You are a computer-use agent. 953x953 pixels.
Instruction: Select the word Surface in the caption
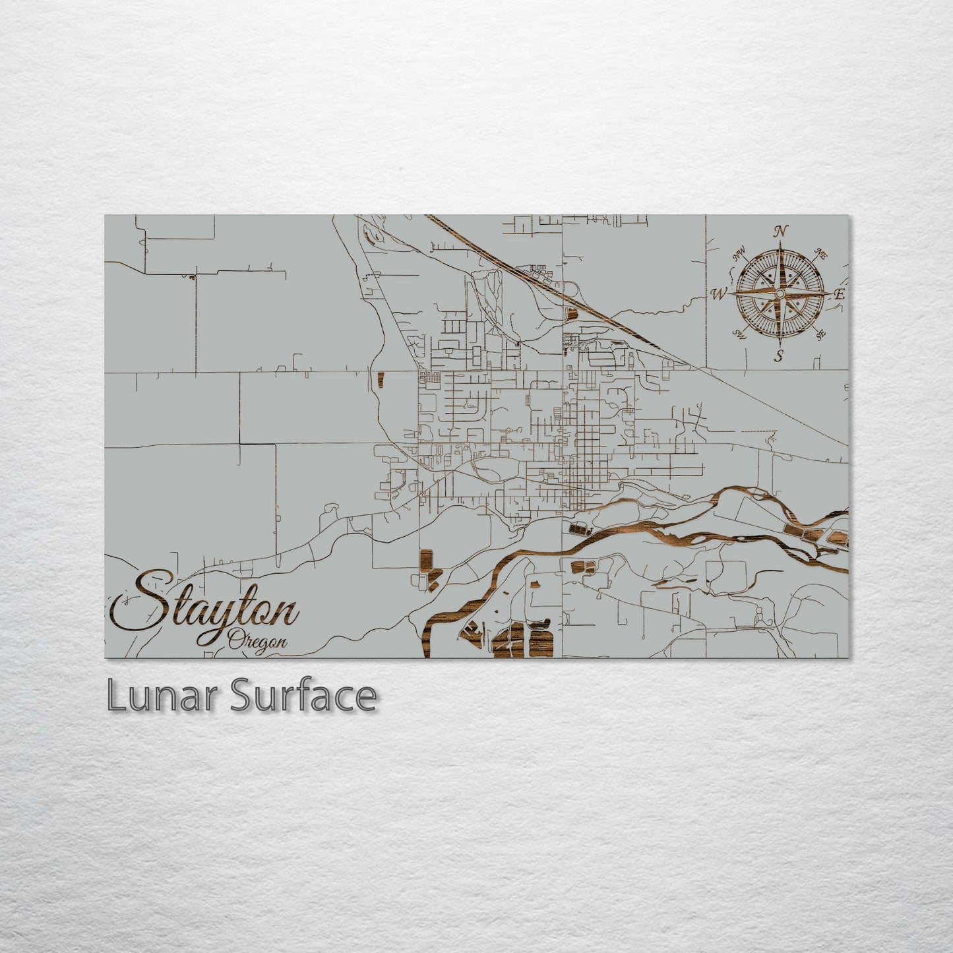[303, 696]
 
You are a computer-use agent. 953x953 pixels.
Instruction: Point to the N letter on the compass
[781, 231]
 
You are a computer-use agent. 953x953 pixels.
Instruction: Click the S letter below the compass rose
[779, 357]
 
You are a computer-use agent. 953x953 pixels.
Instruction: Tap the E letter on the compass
[839, 295]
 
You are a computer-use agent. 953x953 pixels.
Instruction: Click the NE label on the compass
[822, 253]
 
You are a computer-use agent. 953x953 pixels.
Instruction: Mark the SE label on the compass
[820, 334]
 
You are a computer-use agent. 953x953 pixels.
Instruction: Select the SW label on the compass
[739, 333]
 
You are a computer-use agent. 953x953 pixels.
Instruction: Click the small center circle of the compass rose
[780, 293]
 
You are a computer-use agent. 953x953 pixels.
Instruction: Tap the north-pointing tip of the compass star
[781, 242]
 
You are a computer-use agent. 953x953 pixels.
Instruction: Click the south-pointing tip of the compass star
[779, 344]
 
